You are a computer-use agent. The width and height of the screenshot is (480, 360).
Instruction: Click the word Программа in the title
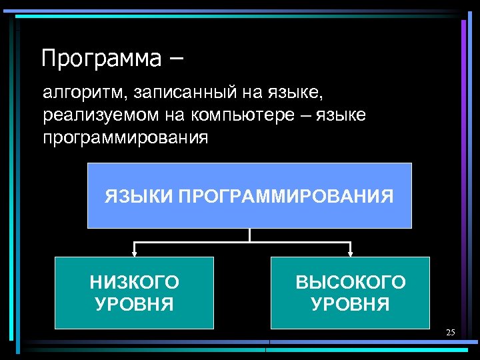101,59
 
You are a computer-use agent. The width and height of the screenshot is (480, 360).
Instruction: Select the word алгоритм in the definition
75,91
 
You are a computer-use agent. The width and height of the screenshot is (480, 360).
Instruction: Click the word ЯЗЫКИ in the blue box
137,197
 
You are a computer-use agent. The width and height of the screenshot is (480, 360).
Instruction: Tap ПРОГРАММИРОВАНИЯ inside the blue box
286,197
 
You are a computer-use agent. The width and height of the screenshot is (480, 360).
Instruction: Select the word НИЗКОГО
134,282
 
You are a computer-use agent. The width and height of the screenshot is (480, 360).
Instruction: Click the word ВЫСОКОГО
350,282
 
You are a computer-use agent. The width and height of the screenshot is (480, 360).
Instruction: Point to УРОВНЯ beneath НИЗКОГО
134,305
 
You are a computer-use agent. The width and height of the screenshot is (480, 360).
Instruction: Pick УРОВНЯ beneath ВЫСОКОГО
350,305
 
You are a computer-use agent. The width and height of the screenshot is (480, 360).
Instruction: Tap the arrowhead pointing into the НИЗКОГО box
135,253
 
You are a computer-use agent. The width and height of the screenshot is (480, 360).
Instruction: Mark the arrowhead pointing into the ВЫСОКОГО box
351,253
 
